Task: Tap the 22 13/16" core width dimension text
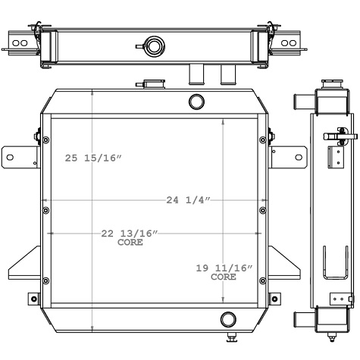[x=130, y=233]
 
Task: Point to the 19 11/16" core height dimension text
[x=224, y=269]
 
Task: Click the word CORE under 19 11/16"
[x=223, y=277]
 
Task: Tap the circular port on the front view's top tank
[x=196, y=101]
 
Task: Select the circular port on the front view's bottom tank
[x=228, y=318]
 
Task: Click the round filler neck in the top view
[x=155, y=47]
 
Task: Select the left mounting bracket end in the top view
[x=20, y=44]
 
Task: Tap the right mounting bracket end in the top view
[x=289, y=44]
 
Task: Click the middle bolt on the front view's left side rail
[x=45, y=210]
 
